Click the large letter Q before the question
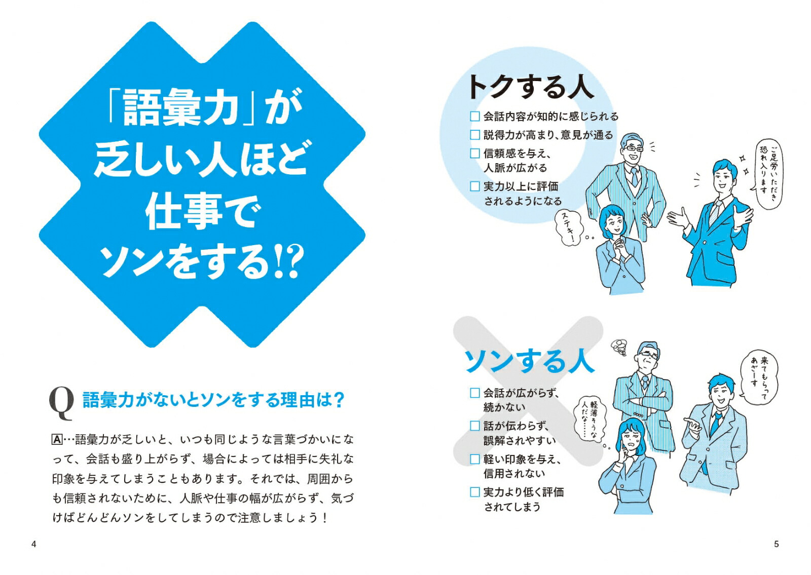pos(61,403)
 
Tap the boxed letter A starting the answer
pos(57,439)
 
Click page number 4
pos(34,544)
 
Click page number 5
pos(776,544)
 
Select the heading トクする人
pos(530,87)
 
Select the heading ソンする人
pos(529,361)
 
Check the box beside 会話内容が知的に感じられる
pos(475,117)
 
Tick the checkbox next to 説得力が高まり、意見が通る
pos(475,135)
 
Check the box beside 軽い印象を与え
pos(475,459)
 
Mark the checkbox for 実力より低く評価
pos(475,492)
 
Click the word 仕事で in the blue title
pos(203,212)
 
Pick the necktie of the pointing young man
pos(716,423)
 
